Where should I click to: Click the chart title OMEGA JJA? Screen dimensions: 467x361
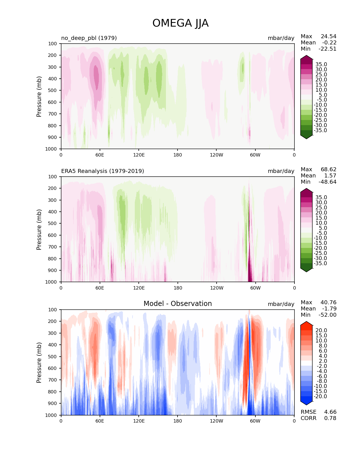tap(180, 23)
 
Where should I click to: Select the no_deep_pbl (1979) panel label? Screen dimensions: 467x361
tap(89, 38)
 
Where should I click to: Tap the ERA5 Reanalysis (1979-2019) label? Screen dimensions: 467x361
tap(102, 171)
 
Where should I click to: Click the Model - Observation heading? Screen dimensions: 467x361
tap(178, 304)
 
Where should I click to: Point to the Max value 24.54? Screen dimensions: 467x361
tap(328, 36)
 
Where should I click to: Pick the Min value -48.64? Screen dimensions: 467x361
tap(327, 182)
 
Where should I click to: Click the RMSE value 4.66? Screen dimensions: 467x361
tap(330, 412)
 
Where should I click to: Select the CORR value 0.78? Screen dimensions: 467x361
tap(330, 418)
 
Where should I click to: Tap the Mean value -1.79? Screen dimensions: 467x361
tap(329, 309)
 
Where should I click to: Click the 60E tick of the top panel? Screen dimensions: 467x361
tap(100, 155)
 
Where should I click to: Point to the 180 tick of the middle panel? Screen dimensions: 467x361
tap(178, 288)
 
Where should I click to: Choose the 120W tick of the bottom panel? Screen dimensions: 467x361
tap(217, 421)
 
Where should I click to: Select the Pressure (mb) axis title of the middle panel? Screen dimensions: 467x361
tap(39, 229)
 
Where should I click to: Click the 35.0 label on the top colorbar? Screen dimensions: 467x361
tap(321, 65)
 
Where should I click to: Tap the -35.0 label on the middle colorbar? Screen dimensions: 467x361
tap(320, 263)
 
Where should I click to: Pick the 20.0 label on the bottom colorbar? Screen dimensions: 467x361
tap(321, 331)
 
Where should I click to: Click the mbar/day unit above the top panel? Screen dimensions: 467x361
tap(281, 38)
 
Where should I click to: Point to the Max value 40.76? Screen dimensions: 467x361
tap(328, 302)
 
